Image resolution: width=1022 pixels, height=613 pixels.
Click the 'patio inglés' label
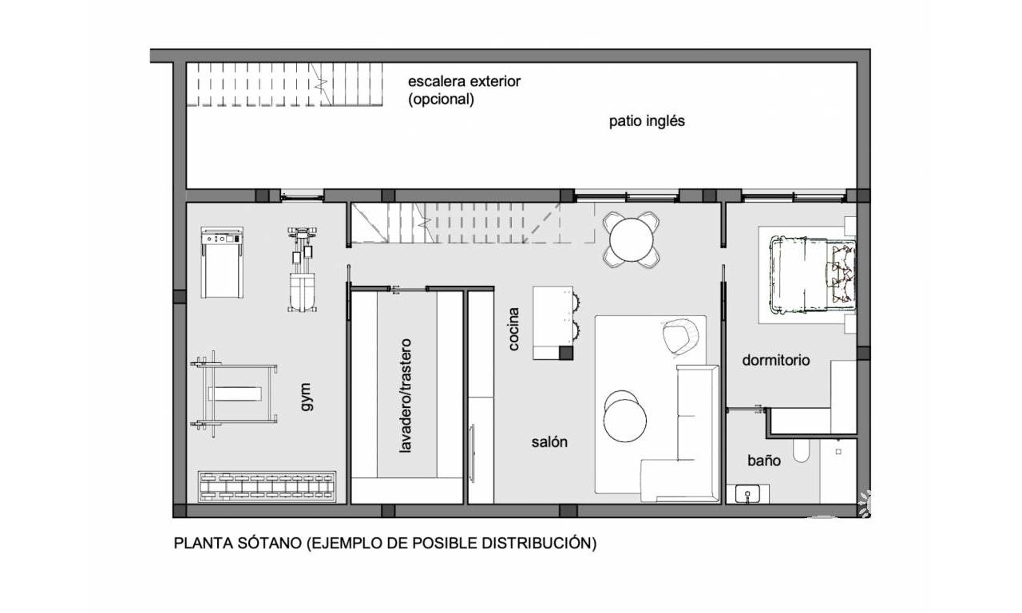[x=647, y=121]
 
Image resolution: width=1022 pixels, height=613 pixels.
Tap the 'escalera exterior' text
[x=464, y=81]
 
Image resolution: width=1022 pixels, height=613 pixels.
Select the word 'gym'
[x=306, y=397]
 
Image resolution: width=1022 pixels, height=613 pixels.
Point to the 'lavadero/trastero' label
[x=405, y=395]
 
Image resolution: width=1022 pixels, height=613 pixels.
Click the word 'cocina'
[x=513, y=329]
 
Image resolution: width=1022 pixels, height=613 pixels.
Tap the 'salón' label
[x=549, y=441]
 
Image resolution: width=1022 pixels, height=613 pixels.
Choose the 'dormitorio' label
[x=775, y=360]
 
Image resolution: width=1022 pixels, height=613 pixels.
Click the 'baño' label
[x=764, y=461]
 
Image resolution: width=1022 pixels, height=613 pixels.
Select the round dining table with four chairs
[x=631, y=239]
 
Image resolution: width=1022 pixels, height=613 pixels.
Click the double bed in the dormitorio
[x=812, y=275]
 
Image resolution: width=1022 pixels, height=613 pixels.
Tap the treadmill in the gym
[x=222, y=263]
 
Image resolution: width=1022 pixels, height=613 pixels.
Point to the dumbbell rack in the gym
[x=267, y=487]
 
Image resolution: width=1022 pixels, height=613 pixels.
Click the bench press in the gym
[x=234, y=394]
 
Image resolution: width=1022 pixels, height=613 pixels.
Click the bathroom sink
[x=747, y=494]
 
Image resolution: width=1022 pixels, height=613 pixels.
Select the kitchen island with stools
[x=557, y=323]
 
